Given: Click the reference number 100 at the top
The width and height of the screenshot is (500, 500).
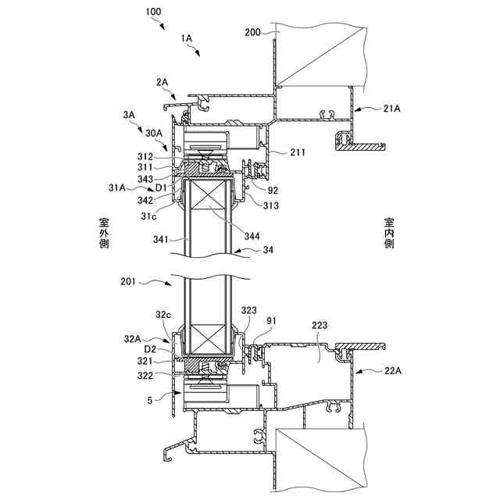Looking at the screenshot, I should coord(154,12).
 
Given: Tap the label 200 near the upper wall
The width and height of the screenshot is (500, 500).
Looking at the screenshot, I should coord(252,32).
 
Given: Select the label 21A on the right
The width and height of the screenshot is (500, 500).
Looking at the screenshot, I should coord(393,110).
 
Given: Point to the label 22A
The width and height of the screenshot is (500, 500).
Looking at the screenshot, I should coord(393,373).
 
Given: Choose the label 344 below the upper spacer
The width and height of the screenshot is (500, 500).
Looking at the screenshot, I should coord(252,236).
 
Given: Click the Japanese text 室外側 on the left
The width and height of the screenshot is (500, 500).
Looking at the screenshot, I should coord(104,233).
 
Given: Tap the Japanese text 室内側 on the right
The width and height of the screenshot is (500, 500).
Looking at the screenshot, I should coord(389,233).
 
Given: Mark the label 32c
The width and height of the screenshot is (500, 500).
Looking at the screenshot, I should coord(162,314).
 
